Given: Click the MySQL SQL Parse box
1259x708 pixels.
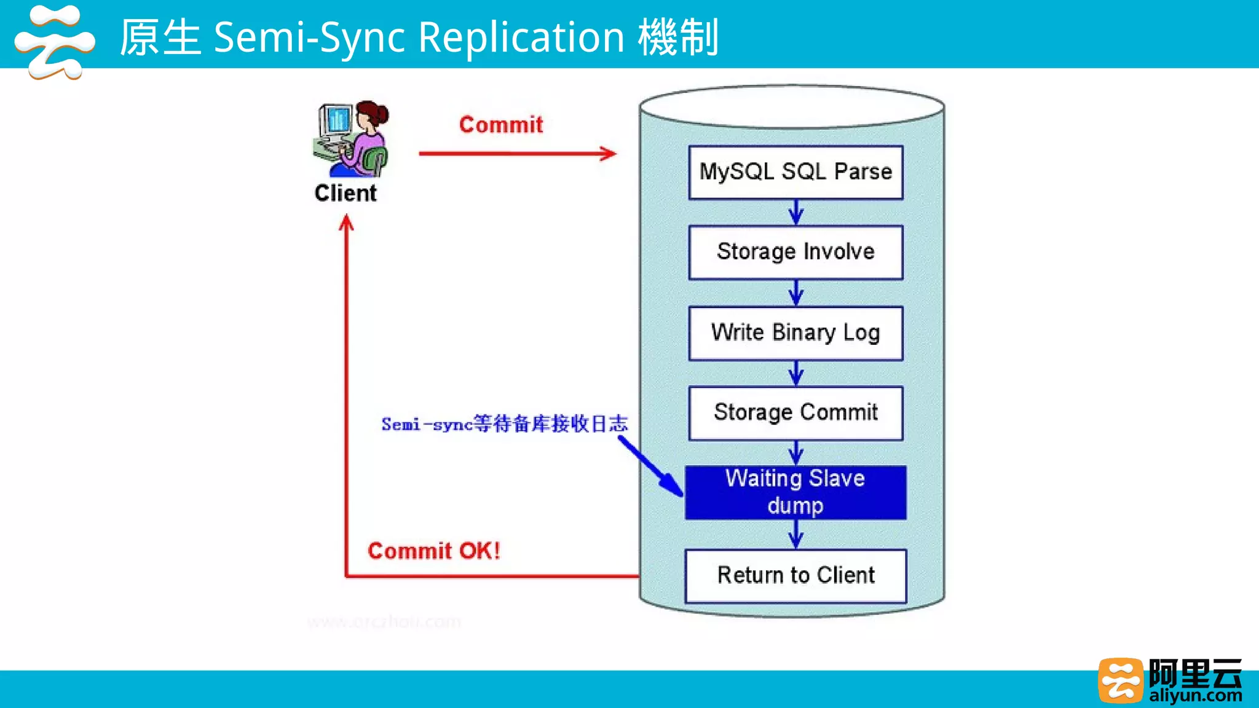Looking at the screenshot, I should coord(795,172).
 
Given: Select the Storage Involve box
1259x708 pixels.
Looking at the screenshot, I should coord(795,253).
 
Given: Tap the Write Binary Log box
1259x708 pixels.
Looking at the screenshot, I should coord(795,333).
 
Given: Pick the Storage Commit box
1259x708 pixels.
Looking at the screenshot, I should coord(795,413).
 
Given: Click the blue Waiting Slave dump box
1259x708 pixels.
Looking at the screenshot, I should coord(795,492).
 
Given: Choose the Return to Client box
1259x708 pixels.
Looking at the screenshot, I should coord(795,576).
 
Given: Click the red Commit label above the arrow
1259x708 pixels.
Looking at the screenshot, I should coord(501,125).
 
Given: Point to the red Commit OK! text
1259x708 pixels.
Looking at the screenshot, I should coord(434,551).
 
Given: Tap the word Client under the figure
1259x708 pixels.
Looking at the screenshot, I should coord(345,194).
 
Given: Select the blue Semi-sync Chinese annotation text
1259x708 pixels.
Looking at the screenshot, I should coord(504,424).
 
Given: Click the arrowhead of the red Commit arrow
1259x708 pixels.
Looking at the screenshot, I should coord(609,154).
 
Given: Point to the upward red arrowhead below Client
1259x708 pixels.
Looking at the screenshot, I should coord(347,222).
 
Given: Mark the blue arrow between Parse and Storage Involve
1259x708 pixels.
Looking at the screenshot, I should coord(796,213).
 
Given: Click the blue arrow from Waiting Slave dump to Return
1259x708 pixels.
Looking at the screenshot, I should coord(796,535).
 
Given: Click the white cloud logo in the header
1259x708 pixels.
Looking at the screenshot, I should coord(54,42).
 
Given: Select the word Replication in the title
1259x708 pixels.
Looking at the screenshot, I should coord(521,38).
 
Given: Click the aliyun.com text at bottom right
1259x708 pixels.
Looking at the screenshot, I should coord(1195,696).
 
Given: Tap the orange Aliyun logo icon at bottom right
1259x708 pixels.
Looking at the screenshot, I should coord(1121,680).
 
